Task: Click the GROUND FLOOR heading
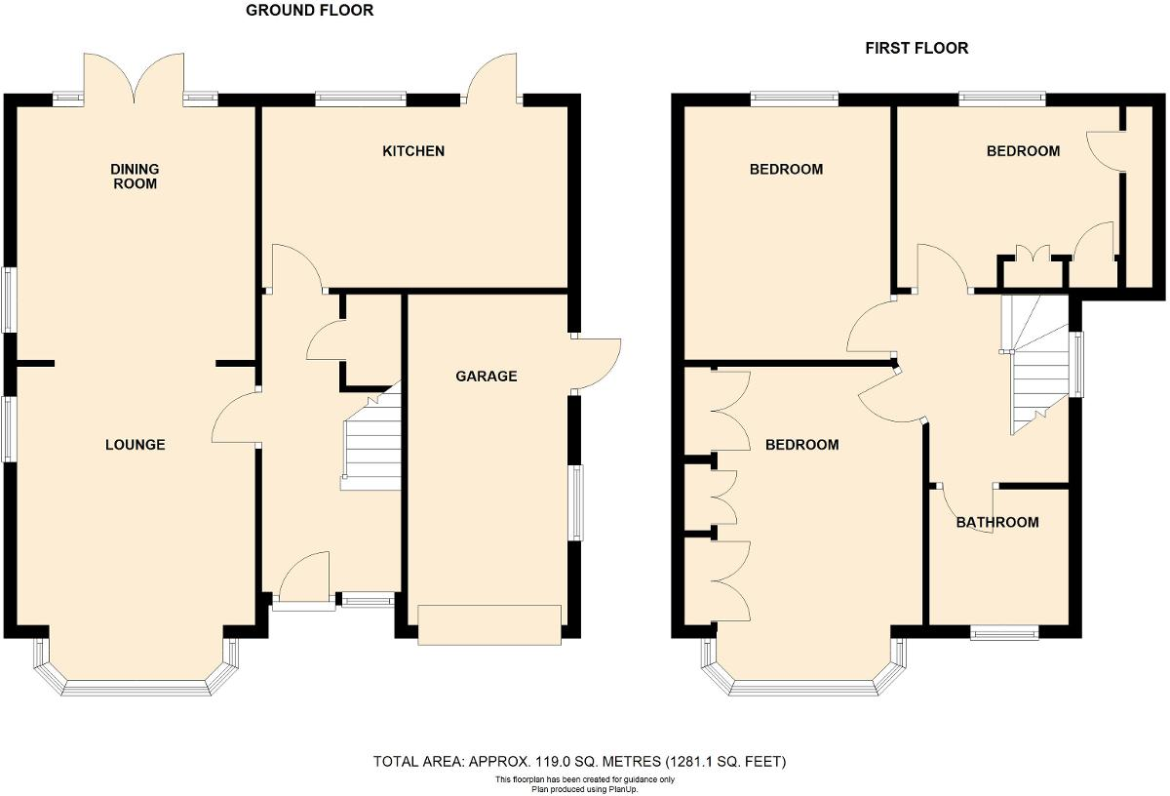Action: (x=309, y=11)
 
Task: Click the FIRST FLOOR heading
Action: (x=916, y=48)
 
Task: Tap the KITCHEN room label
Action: (x=413, y=151)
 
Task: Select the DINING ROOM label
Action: (x=135, y=176)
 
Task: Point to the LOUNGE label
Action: (x=136, y=445)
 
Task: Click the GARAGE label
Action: (x=487, y=377)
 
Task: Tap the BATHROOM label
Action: (x=997, y=522)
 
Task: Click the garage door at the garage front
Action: (x=489, y=624)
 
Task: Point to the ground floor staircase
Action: (x=373, y=444)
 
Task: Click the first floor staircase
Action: (x=1037, y=366)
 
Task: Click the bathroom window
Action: (x=1004, y=633)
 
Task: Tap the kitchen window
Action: (x=361, y=98)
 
